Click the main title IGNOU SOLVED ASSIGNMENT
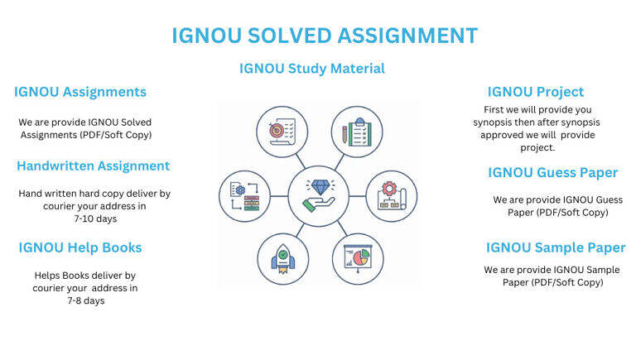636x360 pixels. pos(324,36)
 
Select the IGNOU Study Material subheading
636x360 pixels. pos(312,68)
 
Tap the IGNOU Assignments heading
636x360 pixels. pos(80,92)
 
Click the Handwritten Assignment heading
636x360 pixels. pos(93,166)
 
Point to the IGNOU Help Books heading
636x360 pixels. pos(80,247)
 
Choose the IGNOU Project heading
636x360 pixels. pos(535,92)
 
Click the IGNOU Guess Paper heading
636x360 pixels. pos(552,172)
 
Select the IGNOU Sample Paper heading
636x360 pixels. pos(556,247)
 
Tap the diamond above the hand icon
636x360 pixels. pos(318,185)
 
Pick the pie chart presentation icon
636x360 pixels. pos(357,258)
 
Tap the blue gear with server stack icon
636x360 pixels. pos(244,195)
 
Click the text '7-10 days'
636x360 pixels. pos(94,219)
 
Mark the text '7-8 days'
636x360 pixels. pos(86,300)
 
